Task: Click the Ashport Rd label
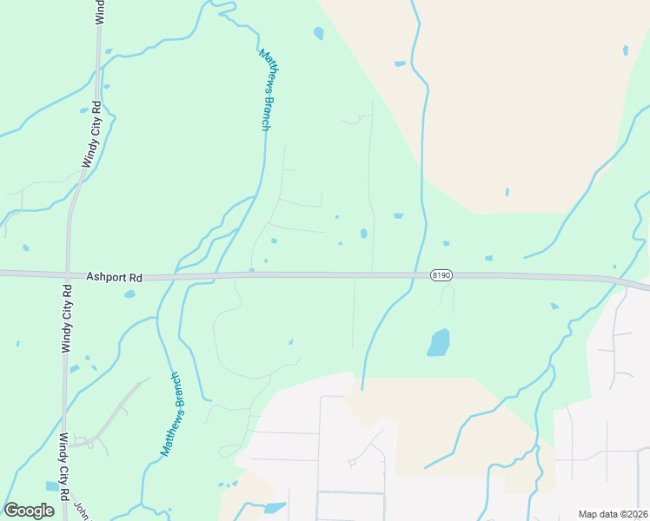click(114, 277)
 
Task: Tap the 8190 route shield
click(441, 275)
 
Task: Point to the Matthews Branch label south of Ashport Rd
click(171, 414)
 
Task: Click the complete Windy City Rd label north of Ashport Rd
click(91, 134)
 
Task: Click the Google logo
click(29, 511)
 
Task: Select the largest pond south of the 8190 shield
click(439, 342)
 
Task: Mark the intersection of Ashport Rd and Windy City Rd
click(67, 274)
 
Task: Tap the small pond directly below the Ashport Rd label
click(129, 294)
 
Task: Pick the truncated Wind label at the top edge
click(99, 10)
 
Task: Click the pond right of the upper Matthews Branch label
click(318, 33)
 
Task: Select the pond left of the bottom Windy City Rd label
click(52, 486)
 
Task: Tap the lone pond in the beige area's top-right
click(625, 50)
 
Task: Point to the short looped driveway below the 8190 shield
click(447, 296)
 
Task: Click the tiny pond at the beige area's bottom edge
click(507, 192)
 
